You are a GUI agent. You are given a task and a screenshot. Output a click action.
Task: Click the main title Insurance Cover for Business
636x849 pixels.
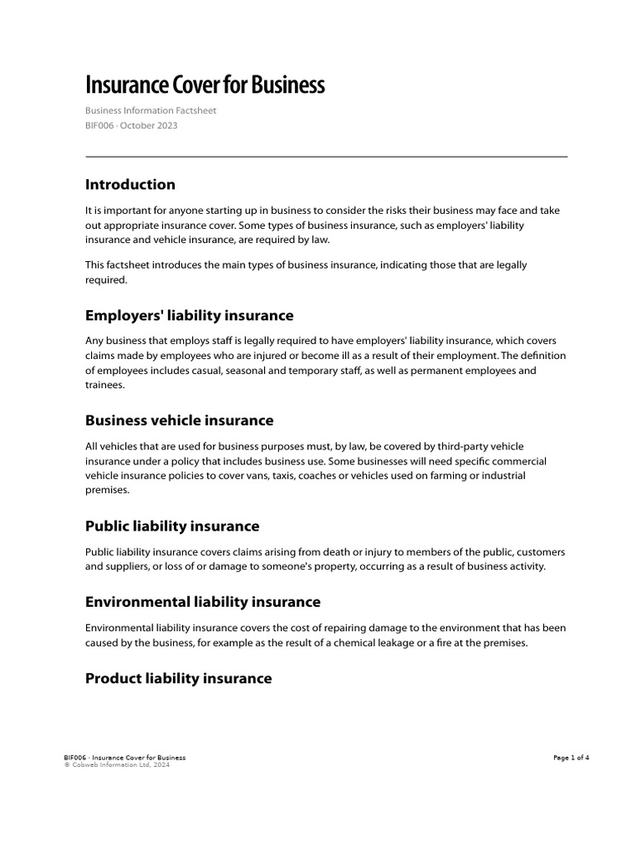coord(205,85)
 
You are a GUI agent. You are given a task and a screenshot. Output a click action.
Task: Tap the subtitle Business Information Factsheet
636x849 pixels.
coord(151,110)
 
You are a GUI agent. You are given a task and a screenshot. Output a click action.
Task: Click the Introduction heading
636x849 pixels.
coord(130,184)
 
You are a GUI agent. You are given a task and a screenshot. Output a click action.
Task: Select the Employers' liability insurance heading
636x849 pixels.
coord(189,315)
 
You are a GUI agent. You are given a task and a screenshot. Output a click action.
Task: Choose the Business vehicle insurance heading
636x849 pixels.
coord(179,420)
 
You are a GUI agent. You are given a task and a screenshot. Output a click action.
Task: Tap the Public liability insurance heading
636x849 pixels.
coord(172,526)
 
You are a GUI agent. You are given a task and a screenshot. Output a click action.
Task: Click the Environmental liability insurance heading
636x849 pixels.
coord(203,601)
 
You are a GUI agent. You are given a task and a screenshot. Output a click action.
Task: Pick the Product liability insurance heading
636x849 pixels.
coord(178,678)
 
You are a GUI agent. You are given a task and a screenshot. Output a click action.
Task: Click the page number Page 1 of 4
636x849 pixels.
coord(571,758)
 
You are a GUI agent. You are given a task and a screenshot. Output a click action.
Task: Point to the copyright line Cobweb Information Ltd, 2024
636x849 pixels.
coord(119,765)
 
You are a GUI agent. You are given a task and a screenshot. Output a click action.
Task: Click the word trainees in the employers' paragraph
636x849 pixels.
coord(105,386)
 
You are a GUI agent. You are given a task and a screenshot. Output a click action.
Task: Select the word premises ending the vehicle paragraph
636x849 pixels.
coord(107,490)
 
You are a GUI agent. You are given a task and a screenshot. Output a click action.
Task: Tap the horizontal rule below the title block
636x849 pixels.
coord(326,157)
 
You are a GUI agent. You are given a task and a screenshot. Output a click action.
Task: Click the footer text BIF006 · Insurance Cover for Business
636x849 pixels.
coord(124,758)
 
